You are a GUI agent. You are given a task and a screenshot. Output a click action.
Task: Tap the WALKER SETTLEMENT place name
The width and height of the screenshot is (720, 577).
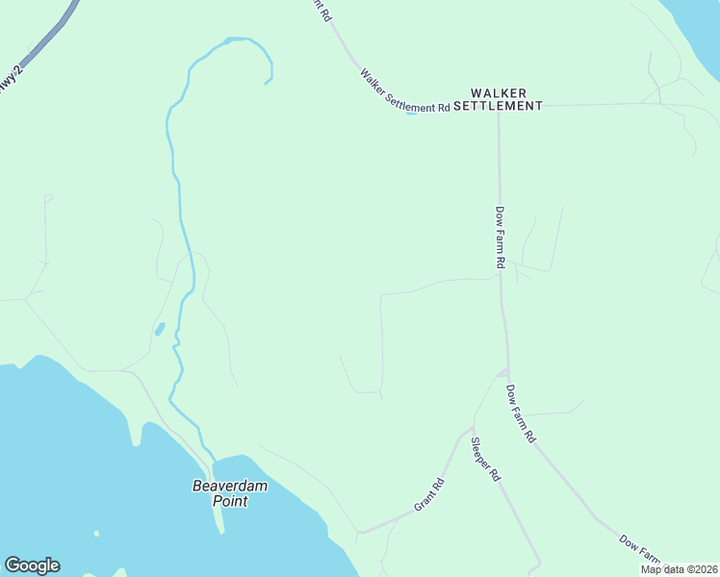(498, 98)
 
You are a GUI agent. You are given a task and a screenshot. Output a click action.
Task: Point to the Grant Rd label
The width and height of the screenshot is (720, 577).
(429, 493)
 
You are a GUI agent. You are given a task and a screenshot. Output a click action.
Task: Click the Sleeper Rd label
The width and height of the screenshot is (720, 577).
(485, 460)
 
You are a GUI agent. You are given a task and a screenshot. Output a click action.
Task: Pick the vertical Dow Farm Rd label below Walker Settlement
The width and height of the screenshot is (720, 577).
(501, 237)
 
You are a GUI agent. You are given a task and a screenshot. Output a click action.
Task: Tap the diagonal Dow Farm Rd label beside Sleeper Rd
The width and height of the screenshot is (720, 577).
(521, 414)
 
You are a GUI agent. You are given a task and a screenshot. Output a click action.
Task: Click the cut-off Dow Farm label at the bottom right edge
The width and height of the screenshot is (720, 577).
(642, 550)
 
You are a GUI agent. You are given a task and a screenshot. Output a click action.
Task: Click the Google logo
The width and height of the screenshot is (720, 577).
(32, 565)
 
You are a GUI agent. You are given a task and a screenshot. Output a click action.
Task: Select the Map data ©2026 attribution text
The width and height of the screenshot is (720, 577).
(680, 569)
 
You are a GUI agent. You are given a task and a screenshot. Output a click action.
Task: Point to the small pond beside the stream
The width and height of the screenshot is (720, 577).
(159, 330)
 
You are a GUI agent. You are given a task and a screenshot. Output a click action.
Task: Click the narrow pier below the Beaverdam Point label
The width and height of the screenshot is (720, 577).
(219, 519)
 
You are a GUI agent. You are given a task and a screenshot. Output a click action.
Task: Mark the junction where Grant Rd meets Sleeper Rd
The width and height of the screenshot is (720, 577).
(473, 427)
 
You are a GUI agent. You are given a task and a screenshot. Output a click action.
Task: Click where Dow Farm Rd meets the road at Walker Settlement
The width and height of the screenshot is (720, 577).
(499, 106)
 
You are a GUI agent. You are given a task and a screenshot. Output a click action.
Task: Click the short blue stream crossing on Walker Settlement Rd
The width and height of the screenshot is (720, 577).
(411, 113)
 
